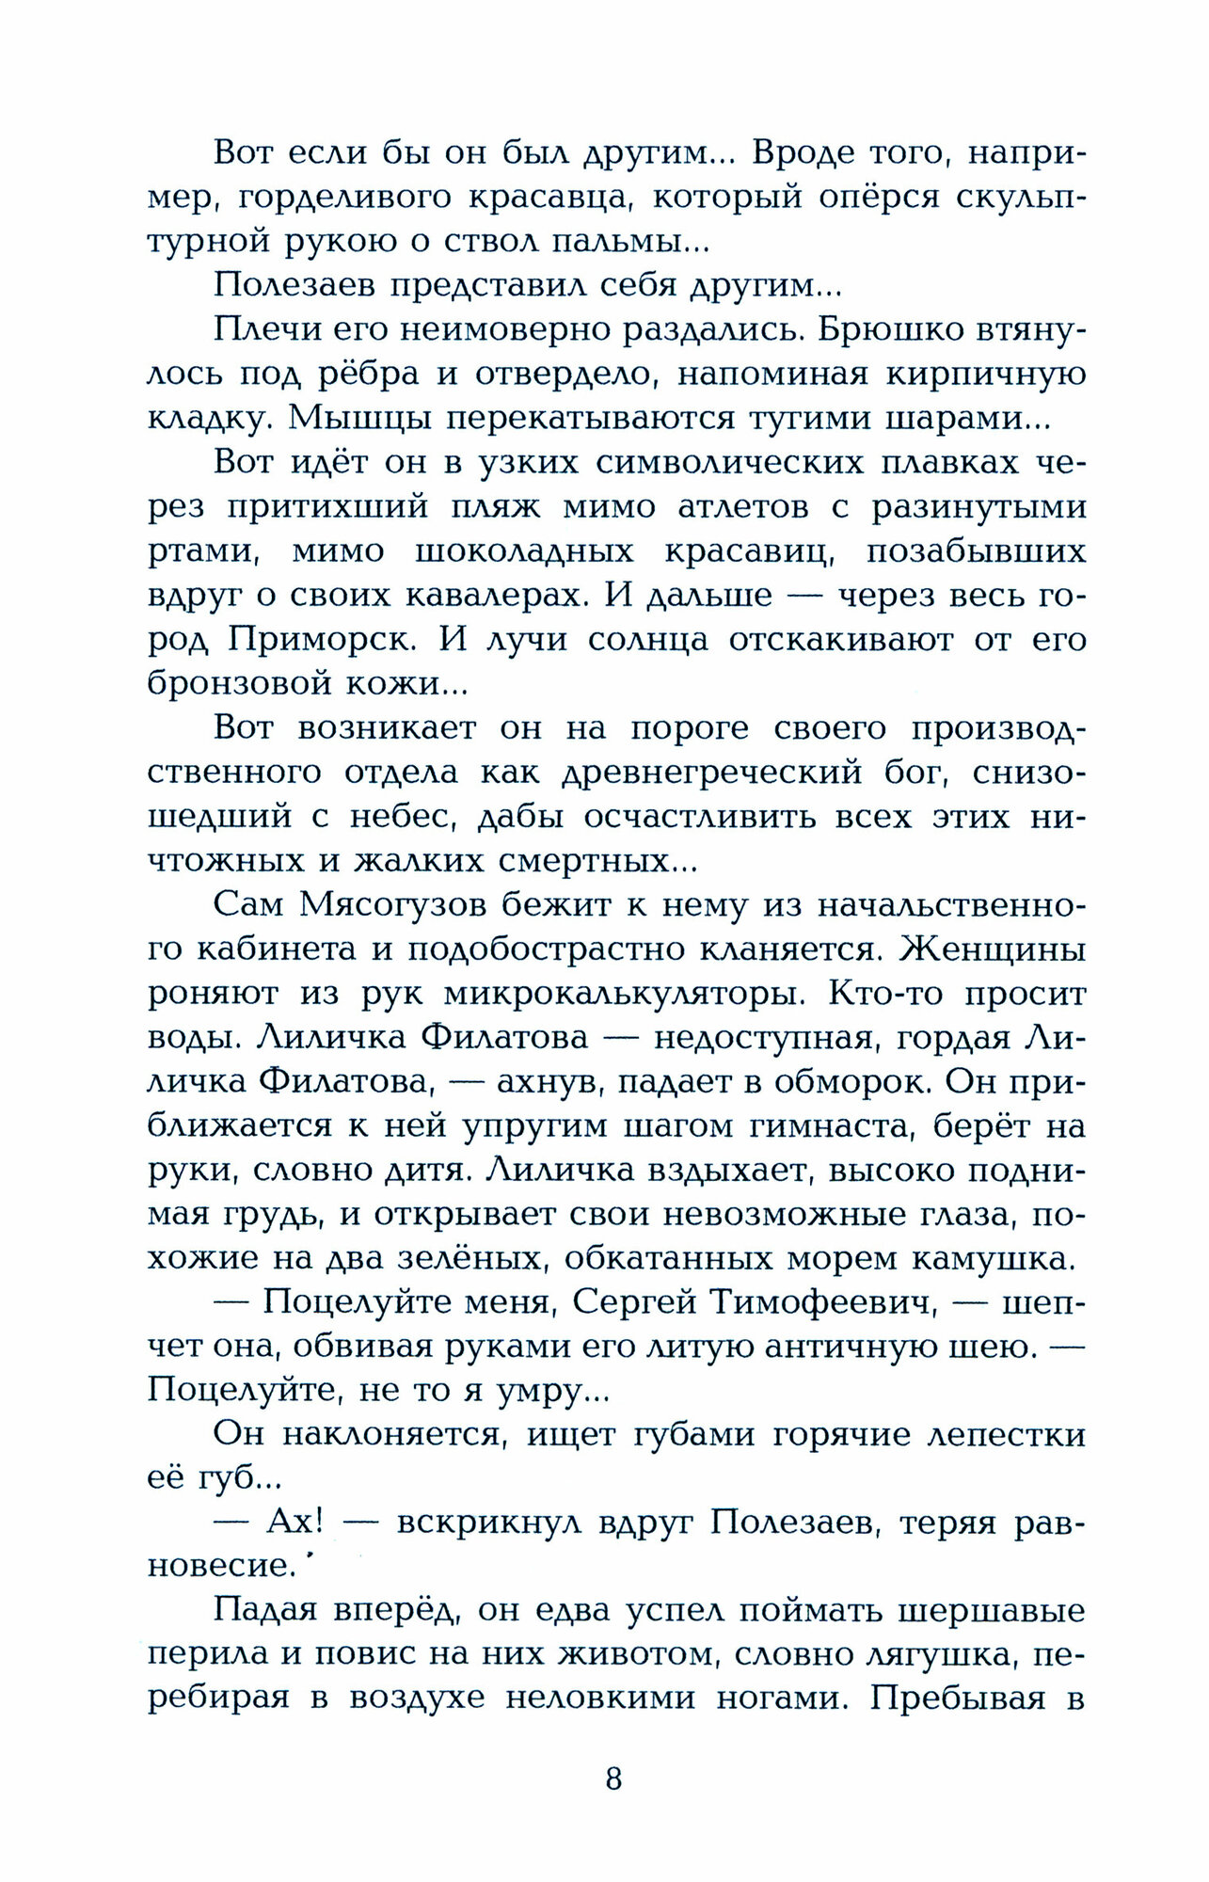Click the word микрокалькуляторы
point(624,994)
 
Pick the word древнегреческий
point(711,773)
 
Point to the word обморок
point(851,1082)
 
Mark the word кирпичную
point(980,375)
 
